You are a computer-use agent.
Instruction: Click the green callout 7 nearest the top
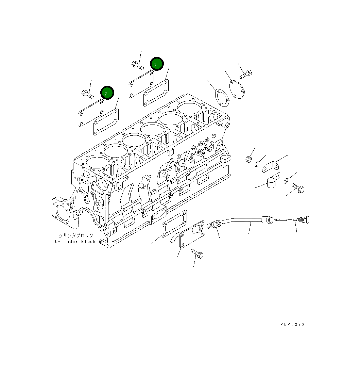click(x=157, y=64)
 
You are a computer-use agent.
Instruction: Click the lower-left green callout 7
click(x=107, y=93)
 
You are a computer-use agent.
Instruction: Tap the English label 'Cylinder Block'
click(x=75, y=242)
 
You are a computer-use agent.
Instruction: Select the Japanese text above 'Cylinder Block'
click(x=75, y=235)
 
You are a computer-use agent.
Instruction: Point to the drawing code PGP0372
click(x=292, y=325)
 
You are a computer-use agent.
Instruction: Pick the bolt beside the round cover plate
click(x=246, y=74)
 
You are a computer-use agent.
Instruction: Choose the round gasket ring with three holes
click(x=222, y=97)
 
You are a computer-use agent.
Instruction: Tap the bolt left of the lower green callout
click(x=88, y=94)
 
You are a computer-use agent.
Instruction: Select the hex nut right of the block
click(x=249, y=159)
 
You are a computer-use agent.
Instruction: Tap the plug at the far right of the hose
click(x=302, y=220)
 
